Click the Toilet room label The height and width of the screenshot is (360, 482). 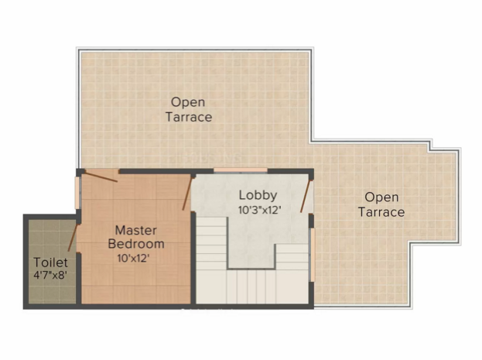point(50,262)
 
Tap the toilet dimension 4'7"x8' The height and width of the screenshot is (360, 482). point(50,275)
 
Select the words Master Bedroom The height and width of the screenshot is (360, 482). point(136,237)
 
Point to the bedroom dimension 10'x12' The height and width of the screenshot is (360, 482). point(133,258)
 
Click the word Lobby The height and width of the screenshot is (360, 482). point(258,195)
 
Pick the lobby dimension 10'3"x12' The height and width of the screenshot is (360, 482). point(260,210)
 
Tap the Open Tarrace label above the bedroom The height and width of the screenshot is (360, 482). point(189,109)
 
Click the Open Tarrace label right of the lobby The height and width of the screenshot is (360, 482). point(381,204)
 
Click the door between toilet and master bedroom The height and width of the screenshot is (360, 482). point(73,237)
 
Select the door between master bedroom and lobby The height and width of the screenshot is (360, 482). point(187,194)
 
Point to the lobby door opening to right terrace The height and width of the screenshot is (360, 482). point(306,197)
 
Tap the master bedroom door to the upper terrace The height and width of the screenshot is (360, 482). point(101,177)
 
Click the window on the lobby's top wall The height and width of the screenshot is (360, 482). point(241,170)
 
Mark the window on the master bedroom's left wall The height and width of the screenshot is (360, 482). point(77,193)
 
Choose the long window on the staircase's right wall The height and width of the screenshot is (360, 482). point(312,255)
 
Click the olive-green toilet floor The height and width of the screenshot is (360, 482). point(52,240)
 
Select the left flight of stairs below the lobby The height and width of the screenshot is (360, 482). point(211,243)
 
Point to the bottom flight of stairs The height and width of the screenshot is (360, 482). point(251,286)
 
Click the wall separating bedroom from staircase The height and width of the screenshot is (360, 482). point(193,258)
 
